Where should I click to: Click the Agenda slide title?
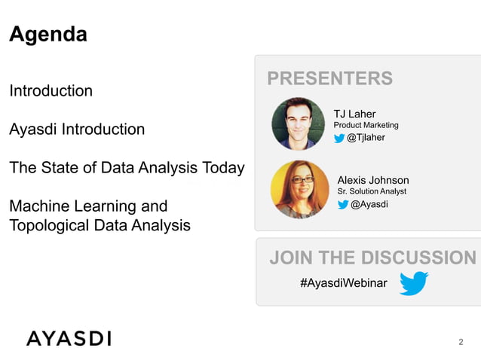click(48, 35)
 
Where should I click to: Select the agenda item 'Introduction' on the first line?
click(51, 91)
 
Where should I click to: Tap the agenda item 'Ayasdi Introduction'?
click(76, 130)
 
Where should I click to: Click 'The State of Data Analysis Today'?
click(127, 168)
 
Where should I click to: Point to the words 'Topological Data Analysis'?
click(100, 225)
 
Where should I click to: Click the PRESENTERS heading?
click(329, 78)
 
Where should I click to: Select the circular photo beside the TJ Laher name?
click(298, 124)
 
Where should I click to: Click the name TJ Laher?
click(354, 114)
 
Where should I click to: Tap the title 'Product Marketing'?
click(366, 125)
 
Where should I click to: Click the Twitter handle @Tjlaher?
click(366, 138)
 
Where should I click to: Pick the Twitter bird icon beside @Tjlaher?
click(339, 138)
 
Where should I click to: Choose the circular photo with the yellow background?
click(299, 189)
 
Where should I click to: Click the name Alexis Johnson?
click(372, 180)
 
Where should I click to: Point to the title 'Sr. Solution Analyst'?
click(372, 192)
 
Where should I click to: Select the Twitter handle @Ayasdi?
click(369, 204)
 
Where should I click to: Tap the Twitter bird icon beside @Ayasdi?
click(343, 204)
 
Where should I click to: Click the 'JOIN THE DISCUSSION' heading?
click(372, 258)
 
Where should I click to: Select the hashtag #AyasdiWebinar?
click(343, 282)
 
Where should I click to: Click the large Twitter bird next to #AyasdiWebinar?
click(413, 283)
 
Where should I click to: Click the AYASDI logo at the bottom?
click(69, 338)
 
